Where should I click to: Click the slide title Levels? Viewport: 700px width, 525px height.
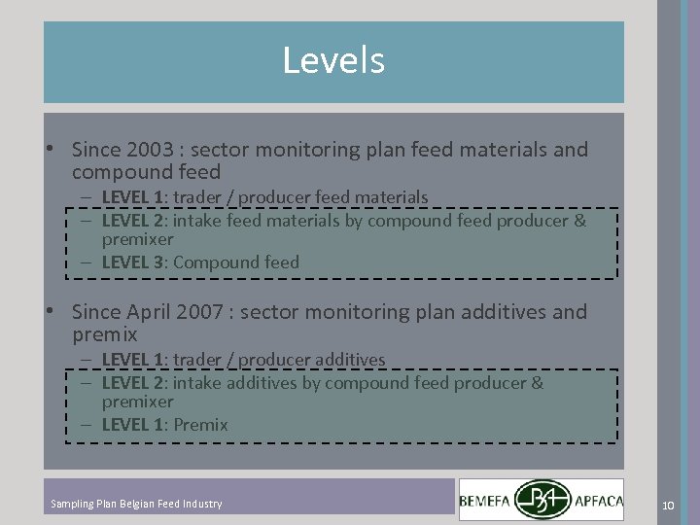[333, 60]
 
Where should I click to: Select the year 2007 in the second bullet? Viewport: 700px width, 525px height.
[205, 312]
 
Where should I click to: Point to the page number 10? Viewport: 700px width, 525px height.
[668, 505]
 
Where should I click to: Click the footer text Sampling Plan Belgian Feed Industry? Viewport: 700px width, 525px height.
[136, 504]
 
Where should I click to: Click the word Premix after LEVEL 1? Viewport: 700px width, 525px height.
[200, 425]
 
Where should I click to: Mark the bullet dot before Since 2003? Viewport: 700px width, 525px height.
[49, 150]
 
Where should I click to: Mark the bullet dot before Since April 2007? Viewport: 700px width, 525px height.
[49, 312]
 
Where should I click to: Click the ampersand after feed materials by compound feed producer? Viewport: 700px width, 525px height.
[580, 221]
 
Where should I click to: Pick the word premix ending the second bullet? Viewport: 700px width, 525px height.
[105, 335]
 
